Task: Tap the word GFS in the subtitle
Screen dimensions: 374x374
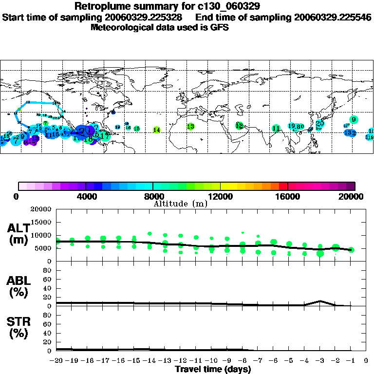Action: click(220, 27)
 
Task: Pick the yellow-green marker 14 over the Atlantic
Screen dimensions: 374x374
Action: click(156, 130)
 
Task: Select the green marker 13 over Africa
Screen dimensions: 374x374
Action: click(190, 127)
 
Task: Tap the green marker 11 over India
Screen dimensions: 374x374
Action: click(276, 129)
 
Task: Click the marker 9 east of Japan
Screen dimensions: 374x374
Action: click(354, 120)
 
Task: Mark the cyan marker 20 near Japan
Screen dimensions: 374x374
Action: click(319, 124)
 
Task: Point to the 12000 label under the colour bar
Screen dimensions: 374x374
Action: click(220, 196)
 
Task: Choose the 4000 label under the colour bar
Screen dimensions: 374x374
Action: click(86, 196)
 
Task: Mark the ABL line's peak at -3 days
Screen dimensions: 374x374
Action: click(319, 301)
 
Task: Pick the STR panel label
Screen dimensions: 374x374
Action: click(19, 328)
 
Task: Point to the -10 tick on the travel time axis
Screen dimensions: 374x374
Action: click(211, 361)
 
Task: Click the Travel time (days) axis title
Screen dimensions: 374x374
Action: click(213, 369)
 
